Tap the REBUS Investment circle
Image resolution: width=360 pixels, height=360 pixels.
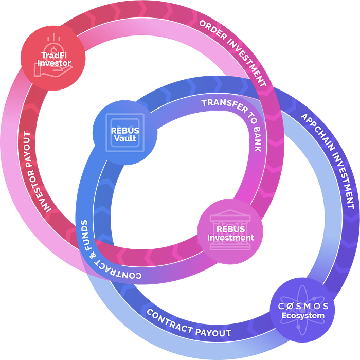tap(230, 232)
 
